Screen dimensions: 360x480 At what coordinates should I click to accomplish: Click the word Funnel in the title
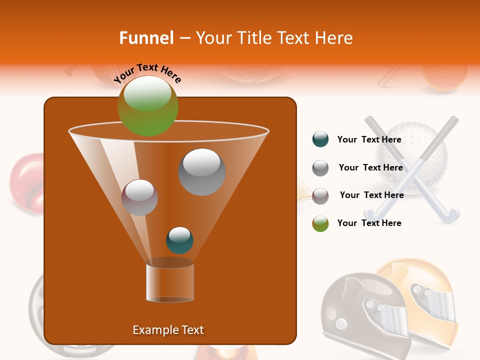[146, 38]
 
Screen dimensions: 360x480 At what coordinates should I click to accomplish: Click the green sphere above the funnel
[147, 105]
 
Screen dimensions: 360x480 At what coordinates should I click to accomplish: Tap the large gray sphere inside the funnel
[201, 171]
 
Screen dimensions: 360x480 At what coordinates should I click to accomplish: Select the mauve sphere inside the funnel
[140, 197]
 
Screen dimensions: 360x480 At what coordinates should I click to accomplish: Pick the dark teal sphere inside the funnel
[179, 240]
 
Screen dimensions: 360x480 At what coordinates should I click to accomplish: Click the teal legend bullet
[320, 139]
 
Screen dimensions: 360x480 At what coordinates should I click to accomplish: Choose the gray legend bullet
[320, 167]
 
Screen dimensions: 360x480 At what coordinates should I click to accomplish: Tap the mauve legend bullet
[320, 195]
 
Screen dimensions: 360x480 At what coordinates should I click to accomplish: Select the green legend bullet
[320, 223]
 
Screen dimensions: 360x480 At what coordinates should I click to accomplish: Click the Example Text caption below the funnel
[168, 330]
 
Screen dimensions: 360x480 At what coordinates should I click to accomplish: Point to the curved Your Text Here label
[147, 73]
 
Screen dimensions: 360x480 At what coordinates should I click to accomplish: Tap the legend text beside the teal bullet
[369, 139]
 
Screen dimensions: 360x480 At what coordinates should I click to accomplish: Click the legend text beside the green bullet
[369, 223]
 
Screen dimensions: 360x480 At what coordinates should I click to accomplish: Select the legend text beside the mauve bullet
[372, 195]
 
